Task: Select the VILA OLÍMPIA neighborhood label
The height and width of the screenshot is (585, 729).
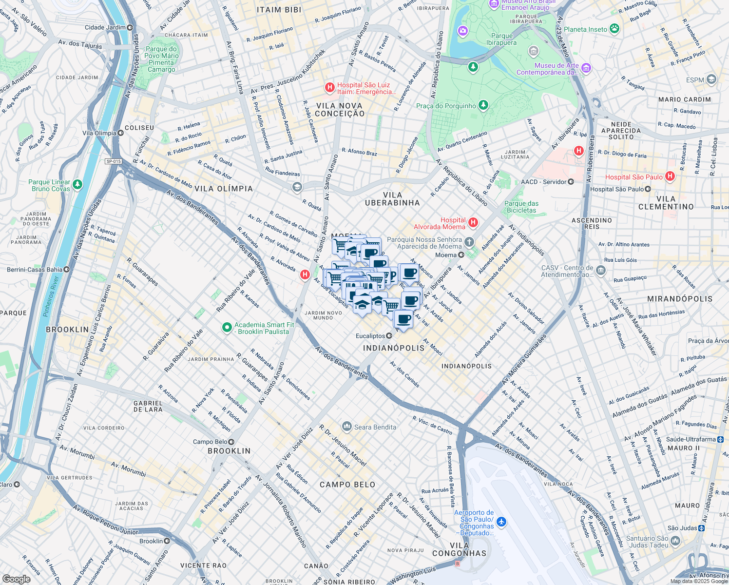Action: pos(224,189)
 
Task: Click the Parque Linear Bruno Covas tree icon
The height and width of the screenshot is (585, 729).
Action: pos(77,185)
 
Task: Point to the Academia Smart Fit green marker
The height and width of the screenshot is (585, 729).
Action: pos(226,328)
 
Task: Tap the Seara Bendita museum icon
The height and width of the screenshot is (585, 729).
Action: pos(346,427)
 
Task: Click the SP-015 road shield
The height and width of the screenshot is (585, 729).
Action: pos(113,161)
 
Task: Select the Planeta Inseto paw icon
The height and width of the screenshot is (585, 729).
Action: pos(614,29)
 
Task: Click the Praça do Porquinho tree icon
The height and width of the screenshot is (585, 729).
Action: pos(483,105)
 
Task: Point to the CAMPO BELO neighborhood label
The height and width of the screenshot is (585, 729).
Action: pos(347,485)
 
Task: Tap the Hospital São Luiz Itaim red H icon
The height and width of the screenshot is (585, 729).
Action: pos(330,88)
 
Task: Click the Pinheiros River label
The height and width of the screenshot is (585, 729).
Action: pos(51,296)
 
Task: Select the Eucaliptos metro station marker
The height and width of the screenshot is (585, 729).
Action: pos(389,336)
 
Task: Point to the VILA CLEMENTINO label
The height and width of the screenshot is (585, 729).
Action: pos(666,203)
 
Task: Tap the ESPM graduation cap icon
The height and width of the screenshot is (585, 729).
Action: pos(711,79)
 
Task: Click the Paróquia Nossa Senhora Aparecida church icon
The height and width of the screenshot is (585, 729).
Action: pos(469,242)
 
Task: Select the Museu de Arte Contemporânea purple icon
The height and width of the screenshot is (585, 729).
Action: pos(586,68)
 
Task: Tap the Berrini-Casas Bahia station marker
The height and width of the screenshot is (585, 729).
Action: pos(67,270)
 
